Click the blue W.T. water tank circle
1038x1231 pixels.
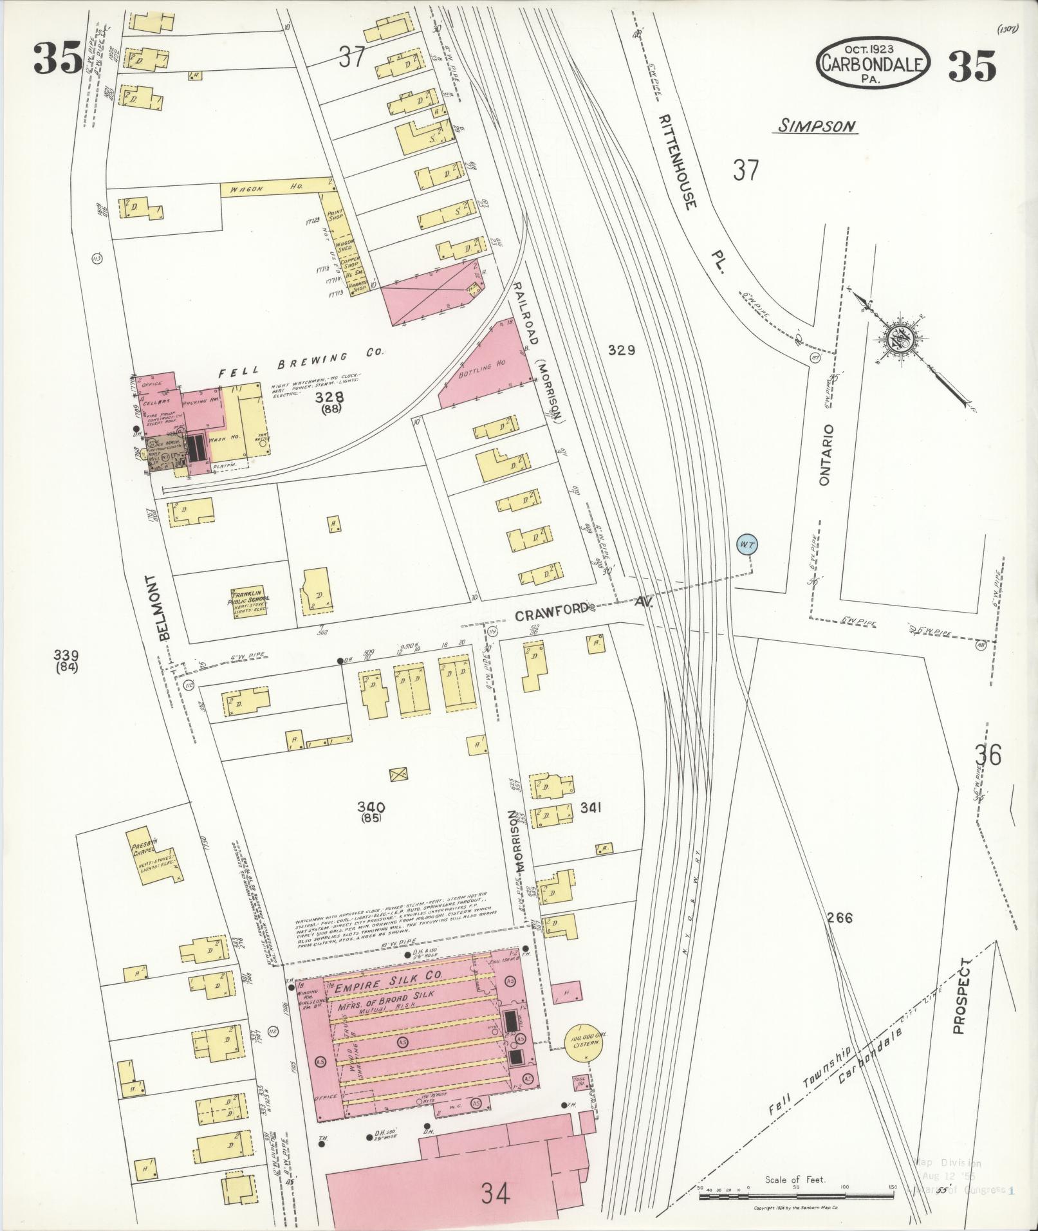746,544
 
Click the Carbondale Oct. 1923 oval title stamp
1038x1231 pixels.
872,63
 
